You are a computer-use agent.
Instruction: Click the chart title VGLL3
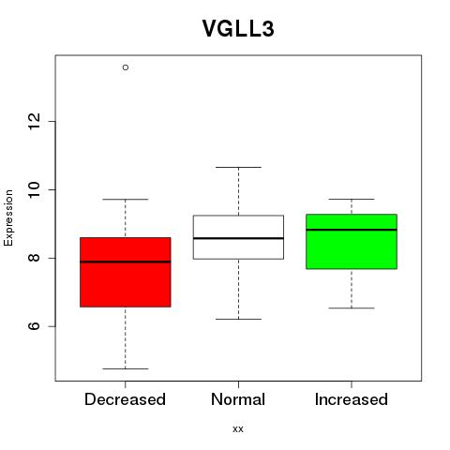[238, 28]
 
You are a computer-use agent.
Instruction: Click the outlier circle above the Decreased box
[126, 67]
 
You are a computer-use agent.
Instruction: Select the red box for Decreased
[126, 272]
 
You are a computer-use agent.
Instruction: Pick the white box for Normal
[238, 237]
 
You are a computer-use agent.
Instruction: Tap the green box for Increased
[352, 242]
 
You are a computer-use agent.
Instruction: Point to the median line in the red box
[126, 262]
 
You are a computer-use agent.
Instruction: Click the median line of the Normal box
[238, 238]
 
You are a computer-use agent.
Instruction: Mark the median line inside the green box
[352, 230]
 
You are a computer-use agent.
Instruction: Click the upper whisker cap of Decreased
[126, 199]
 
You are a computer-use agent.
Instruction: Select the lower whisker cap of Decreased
[126, 368]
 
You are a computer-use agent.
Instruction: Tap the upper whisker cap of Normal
[238, 167]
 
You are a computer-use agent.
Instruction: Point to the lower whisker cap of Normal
[238, 319]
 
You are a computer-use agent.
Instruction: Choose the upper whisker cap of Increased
[352, 199]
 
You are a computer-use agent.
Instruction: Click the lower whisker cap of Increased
[352, 308]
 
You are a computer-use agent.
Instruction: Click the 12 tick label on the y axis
[34, 121]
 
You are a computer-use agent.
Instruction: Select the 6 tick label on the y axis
[34, 326]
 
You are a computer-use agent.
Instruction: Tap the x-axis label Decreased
[125, 399]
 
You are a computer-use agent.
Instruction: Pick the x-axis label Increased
[352, 399]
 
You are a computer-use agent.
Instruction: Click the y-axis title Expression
[8, 217]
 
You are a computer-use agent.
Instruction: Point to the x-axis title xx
[238, 429]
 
